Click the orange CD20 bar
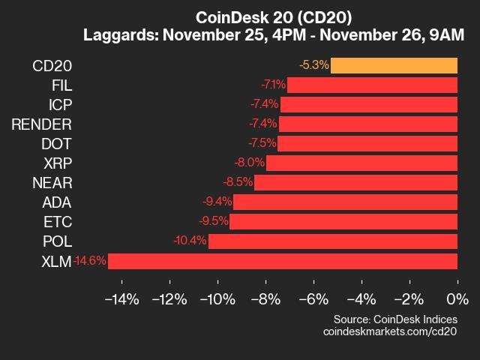pos(394,65)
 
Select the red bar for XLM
pos(283,261)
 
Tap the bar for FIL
pos(372,85)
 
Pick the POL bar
pos(332,241)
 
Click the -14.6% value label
pos(90,261)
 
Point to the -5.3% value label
pos(313,65)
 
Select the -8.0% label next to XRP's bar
pos(249,163)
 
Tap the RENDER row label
pos(41,124)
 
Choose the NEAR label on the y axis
pos(52,182)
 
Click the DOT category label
pos(57,143)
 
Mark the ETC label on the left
pos(58,221)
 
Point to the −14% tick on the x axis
pos(121,300)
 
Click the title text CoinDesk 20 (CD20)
pos(273,16)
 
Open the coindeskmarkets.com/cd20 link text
pos(390,331)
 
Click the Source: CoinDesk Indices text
pos(395,319)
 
